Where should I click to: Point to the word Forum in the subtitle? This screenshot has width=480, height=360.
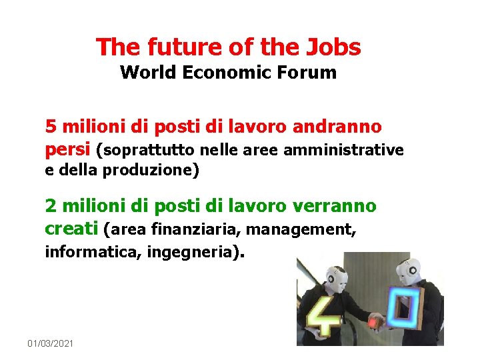[311, 73]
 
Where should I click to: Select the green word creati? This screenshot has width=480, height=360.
[72, 229]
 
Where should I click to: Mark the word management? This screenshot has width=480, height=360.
[301, 230]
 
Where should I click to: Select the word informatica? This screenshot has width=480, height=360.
[93, 253]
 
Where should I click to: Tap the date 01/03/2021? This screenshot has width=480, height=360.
[51, 343]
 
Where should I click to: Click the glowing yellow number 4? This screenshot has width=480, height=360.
[323, 313]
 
